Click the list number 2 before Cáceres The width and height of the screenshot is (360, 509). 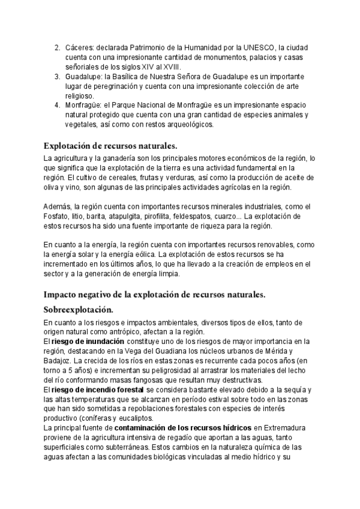pyautogui.click(x=56, y=47)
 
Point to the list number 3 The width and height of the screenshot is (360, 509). pyautogui.click(x=56, y=77)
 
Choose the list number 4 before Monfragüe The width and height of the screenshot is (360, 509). pyautogui.click(x=56, y=106)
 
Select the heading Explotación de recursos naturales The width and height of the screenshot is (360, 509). pyautogui.click(x=110, y=146)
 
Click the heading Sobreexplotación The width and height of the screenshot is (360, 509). pyautogui.click(x=78, y=310)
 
